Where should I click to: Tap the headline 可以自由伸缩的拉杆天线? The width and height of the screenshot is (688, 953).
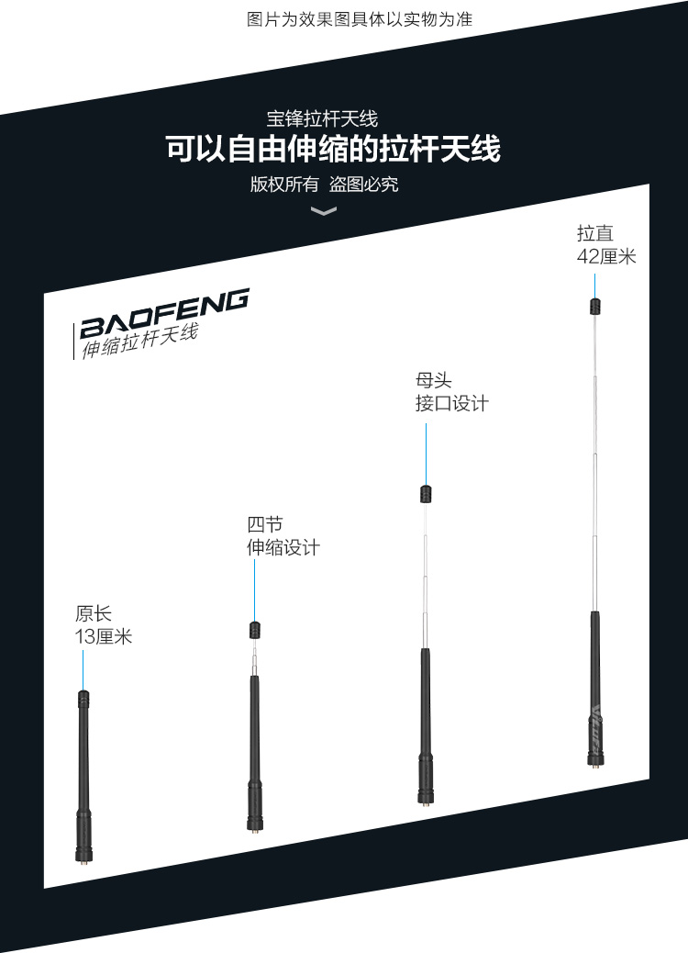point(333,149)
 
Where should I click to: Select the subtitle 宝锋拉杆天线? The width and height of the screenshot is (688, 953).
point(322,118)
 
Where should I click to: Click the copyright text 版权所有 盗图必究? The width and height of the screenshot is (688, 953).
point(325,185)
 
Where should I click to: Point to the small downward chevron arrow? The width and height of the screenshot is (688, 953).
point(324,212)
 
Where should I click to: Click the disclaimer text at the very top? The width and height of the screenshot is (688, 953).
point(360,18)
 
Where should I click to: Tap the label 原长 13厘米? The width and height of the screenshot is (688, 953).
point(104,624)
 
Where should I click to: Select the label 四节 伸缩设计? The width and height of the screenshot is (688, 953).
point(283,536)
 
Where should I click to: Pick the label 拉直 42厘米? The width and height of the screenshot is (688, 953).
point(606,245)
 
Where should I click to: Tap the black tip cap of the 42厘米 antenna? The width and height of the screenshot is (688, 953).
point(594,306)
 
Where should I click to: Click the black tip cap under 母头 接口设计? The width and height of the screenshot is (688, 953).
point(426,494)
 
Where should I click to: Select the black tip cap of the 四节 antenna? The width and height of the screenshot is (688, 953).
point(254,630)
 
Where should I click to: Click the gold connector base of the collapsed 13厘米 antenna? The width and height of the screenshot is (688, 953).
point(83,858)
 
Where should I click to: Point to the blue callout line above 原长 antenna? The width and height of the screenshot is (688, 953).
point(83,668)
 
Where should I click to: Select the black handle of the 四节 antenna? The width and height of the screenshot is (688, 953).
point(254,734)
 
